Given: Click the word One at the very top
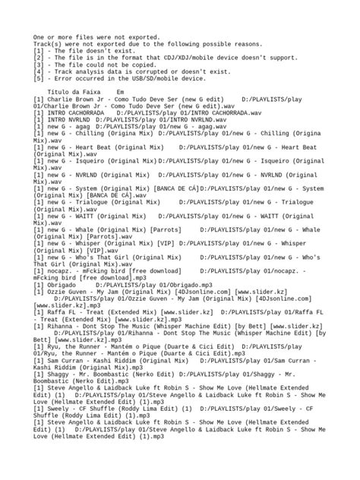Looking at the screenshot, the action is [x=38, y=36].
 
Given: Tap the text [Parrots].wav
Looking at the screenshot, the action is [x=119, y=235].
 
